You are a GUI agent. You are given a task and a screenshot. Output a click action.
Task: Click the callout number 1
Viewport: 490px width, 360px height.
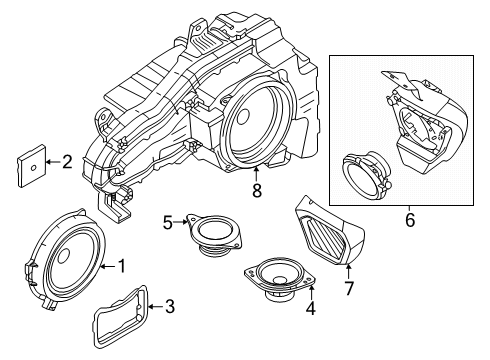pos(122,266)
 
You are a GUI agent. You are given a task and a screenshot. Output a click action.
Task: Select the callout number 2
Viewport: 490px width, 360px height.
pos(67,159)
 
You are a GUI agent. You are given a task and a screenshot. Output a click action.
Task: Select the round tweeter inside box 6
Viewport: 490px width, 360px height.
pos(365,172)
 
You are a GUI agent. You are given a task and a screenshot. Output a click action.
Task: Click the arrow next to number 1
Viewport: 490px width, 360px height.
pos(108,266)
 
